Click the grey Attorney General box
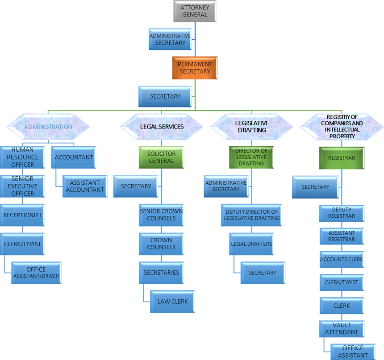coord(194,11)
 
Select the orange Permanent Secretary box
coord(195,68)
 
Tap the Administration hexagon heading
coord(48,127)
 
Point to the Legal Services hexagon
coord(162,127)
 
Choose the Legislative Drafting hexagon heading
coord(251,127)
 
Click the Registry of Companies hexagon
coord(342,127)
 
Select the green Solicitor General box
coord(161,157)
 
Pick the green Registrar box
coord(342,158)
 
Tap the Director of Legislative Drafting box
coord(251,157)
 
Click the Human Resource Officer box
coord(22,157)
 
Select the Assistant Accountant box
coord(85,186)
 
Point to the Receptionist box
coord(22,215)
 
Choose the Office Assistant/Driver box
coord(36,273)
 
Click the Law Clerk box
coord(173,302)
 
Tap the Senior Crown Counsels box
coord(161,215)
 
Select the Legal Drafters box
coord(251,244)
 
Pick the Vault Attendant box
coord(342,329)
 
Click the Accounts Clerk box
coord(342,259)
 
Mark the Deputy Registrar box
coord(342,213)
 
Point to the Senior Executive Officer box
coord(22,186)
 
